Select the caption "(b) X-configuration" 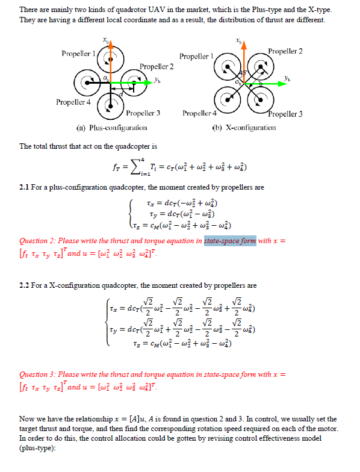[244, 128]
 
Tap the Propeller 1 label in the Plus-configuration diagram [78, 54]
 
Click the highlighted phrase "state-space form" [231, 241]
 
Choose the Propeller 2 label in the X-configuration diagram [285, 51]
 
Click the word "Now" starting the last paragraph [26, 418]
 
